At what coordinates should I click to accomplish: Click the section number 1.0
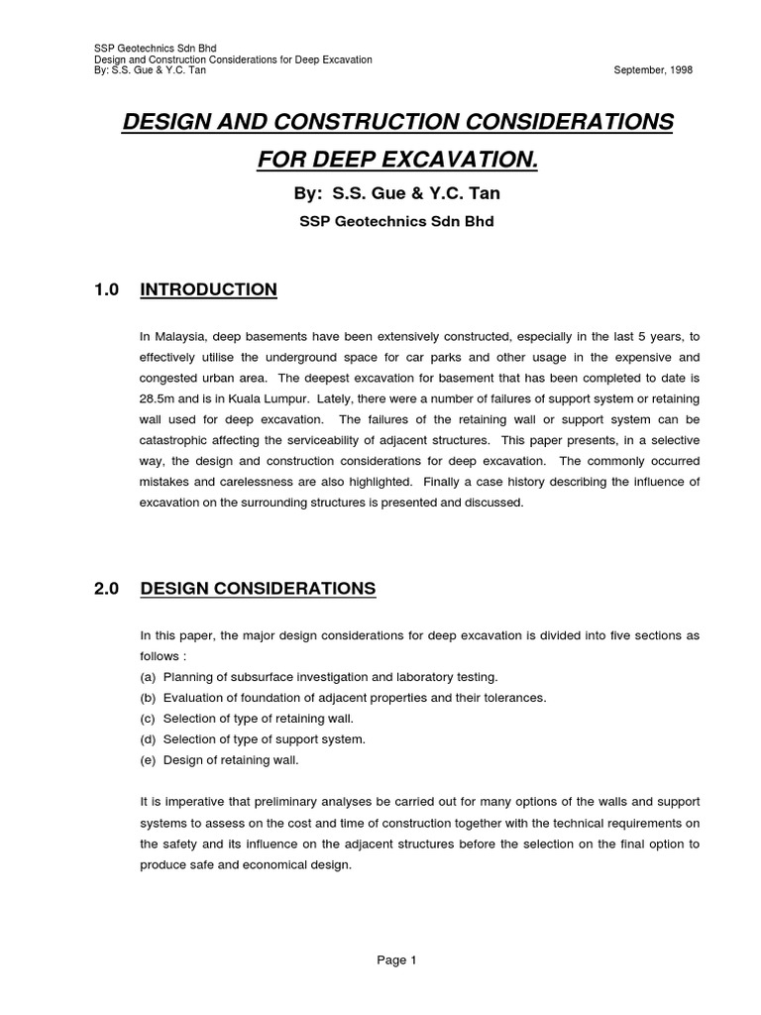point(106,290)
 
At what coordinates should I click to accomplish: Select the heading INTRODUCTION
point(209,290)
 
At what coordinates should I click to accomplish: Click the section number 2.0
point(106,589)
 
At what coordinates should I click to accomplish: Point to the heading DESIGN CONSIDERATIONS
point(259,589)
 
